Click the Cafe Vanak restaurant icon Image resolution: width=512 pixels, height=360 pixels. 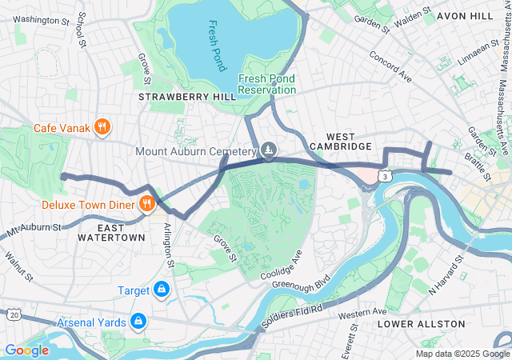[x=102, y=127]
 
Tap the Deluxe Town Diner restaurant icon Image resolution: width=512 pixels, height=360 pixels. [x=146, y=205]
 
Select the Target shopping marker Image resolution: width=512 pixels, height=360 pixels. [x=162, y=289]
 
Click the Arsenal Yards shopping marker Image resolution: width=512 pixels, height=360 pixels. [x=138, y=322]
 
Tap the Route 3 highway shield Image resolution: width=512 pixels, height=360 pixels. [x=386, y=175]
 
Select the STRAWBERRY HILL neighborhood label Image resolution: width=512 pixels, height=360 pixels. [x=187, y=96]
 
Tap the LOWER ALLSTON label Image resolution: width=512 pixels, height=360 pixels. [x=421, y=324]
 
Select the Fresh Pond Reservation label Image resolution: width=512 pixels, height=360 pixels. [x=266, y=84]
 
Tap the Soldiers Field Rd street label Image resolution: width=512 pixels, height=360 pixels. [x=294, y=308]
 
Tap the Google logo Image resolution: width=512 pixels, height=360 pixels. [x=26, y=350]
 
